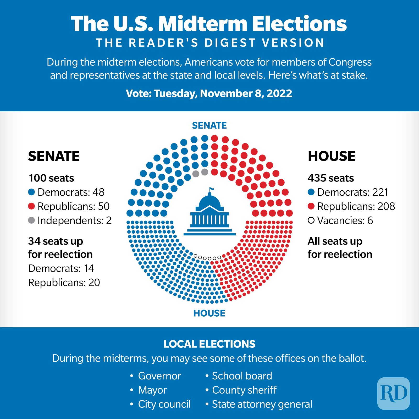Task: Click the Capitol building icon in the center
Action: click(x=210, y=215)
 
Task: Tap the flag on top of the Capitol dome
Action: click(x=211, y=189)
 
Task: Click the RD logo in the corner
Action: click(x=393, y=393)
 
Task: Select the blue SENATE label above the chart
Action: click(x=209, y=126)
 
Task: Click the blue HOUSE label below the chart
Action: click(x=209, y=313)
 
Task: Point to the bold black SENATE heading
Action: click(x=54, y=156)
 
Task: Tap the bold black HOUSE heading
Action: click(x=332, y=156)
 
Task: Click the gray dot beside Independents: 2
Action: click(x=31, y=220)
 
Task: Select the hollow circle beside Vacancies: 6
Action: click(x=311, y=220)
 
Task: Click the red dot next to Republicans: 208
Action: click(x=311, y=206)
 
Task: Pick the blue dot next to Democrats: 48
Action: click(x=31, y=192)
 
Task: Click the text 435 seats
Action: click(x=330, y=178)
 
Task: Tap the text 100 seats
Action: click(x=51, y=178)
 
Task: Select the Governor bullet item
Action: click(x=159, y=376)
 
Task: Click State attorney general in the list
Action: click(x=262, y=404)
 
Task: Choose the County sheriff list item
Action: click(x=244, y=390)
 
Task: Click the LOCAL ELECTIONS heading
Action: click(x=209, y=344)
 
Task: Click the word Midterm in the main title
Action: click(x=203, y=24)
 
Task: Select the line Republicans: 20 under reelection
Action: click(x=64, y=283)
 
